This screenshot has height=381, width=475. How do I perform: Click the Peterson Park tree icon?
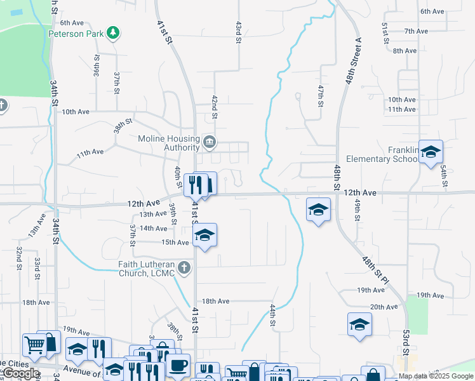click(x=113, y=32)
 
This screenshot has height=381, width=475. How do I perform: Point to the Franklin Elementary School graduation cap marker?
click(x=431, y=152)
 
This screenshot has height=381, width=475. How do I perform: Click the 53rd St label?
click(x=405, y=344)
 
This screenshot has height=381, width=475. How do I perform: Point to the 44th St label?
click(x=272, y=315)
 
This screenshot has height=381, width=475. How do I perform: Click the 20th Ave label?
click(x=384, y=307)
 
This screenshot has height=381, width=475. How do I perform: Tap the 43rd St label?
click(x=238, y=31)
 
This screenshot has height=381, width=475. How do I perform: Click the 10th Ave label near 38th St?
click(x=76, y=112)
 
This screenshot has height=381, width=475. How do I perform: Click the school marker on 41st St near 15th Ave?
click(x=204, y=236)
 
